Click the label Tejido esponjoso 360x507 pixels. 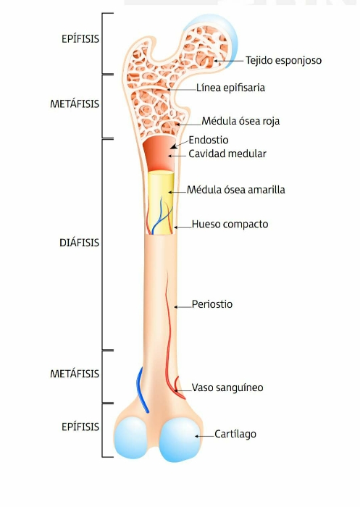coord(283,60)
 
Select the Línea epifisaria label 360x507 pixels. coord(230,88)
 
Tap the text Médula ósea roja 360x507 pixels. coord(240,121)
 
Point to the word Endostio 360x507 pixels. coord(209,140)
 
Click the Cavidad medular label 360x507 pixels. coord(227,154)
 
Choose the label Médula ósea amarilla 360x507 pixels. coord(236,190)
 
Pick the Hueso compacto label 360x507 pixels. coord(230,224)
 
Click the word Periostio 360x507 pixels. coord(212,304)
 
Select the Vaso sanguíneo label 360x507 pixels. coord(227,387)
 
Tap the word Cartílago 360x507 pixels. coord(235,434)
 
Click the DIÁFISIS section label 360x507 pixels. coord(79,243)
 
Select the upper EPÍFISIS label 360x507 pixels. coord(80,39)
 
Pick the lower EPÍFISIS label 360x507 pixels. coord(80,427)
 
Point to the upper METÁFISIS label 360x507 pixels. coord(75,104)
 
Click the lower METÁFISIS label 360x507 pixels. coord(75,374)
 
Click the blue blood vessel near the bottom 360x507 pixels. coord(142,390)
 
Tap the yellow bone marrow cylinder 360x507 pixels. coord(161,202)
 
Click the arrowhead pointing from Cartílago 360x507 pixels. coord(197,436)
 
